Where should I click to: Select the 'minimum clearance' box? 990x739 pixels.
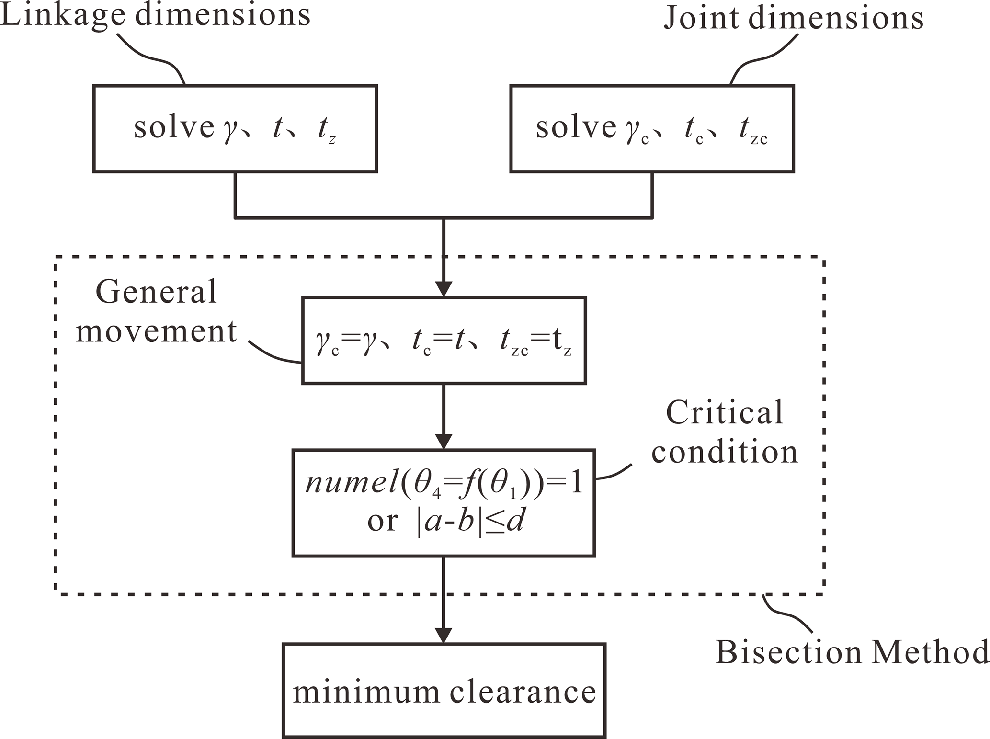(x=444, y=690)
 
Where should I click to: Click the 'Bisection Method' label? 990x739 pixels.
(x=852, y=652)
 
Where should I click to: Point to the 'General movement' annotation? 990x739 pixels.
(x=156, y=311)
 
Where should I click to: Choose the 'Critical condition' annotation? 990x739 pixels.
(x=724, y=432)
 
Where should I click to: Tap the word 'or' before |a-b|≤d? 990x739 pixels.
(x=382, y=521)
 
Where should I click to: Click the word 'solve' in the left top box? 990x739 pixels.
(x=173, y=127)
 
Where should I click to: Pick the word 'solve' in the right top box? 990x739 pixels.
(x=576, y=127)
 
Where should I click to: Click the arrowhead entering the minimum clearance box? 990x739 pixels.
(x=444, y=635)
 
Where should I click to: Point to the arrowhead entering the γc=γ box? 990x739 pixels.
(x=444, y=289)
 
